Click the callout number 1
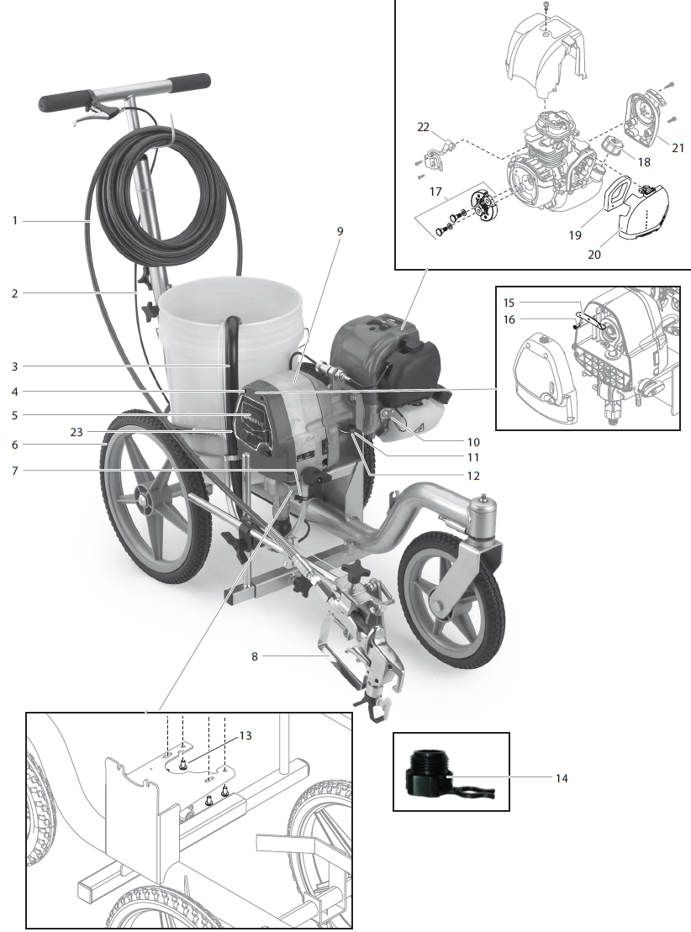(x=14, y=220)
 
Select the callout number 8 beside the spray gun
(x=255, y=656)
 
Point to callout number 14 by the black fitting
(x=561, y=779)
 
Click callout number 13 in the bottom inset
(x=245, y=735)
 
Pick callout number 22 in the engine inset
(x=423, y=127)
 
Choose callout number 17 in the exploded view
(x=435, y=192)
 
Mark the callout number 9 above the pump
(x=340, y=229)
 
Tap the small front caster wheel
(x=454, y=603)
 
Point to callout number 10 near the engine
(x=473, y=441)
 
